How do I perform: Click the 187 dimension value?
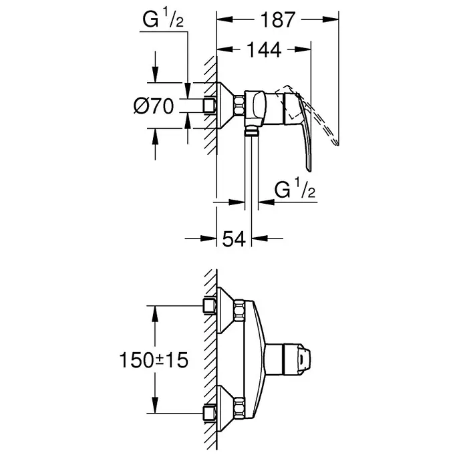pyautogui.click(x=278, y=20)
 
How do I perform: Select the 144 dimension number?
pyautogui.click(x=264, y=50)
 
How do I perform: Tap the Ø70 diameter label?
pyautogui.click(x=154, y=106)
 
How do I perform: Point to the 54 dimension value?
pyautogui.click(x=234, y=239)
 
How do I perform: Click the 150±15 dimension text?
pyautogui.click(x=154, y=360)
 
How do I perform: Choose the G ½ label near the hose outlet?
pyautogui.click(x=295, y=190)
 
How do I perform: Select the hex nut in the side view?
pyautogui.click(x=239, y=106)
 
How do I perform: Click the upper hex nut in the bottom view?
pyautogui.click(x=239, y=311)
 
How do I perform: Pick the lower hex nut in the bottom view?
pyautogui.click(x=239, y=408)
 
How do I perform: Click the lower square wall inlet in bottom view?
pyautogui.click(x=210, y=413)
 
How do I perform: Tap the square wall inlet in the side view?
pyautogui.click(x=210, y=106)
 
